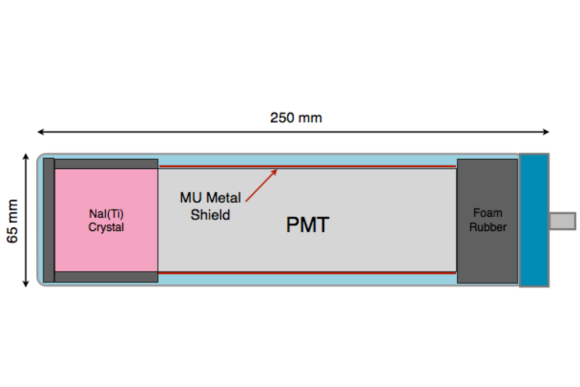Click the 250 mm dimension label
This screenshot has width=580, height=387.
[x=296, y=118]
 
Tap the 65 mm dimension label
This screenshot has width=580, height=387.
[x=13, y=221]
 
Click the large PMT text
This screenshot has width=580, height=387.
[x=308, y=225]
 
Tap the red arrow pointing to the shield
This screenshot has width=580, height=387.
[x=261, y=184]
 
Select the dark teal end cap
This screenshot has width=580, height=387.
[x=534, y=220]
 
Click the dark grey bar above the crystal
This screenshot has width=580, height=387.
[x=106, y=164]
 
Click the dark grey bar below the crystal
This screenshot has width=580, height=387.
[x=106, y=277]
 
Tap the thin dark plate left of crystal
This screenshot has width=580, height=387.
[x=49, y=220]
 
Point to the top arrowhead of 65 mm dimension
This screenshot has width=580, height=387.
[x=26, y=156]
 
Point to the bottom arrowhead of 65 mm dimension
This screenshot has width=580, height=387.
[x=26, y=284]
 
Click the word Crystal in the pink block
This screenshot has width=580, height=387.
[x=106, y=227]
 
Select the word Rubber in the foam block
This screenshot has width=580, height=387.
[x=488, y=227]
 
